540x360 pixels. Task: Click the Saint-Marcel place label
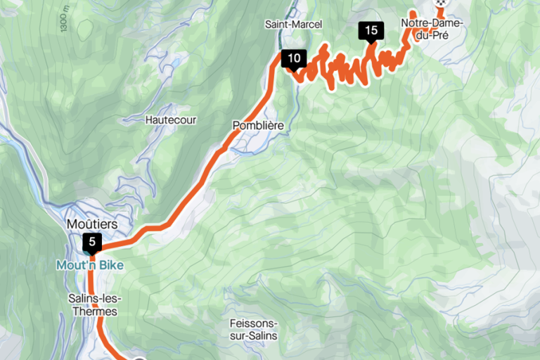tap(293, 25)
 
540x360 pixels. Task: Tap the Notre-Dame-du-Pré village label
tap(432, 29)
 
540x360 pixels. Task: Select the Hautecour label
tap(171, 120)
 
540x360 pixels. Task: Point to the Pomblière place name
tap(257, 126)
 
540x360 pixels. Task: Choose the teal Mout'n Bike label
tap(89, 266)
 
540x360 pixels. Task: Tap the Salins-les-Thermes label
tap(93, 304)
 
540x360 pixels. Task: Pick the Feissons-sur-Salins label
tap(253, 330)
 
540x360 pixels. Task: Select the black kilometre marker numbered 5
tap(92, 243)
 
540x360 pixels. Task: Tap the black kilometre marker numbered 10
tap(294, 59)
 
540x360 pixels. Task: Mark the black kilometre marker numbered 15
tap(371, 30)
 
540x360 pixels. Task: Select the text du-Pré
tap(432, 35)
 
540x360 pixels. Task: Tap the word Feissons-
tap(253, 323)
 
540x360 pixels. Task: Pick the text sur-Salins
tap(253, 336)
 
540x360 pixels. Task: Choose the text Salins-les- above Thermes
tap(93, 298)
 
